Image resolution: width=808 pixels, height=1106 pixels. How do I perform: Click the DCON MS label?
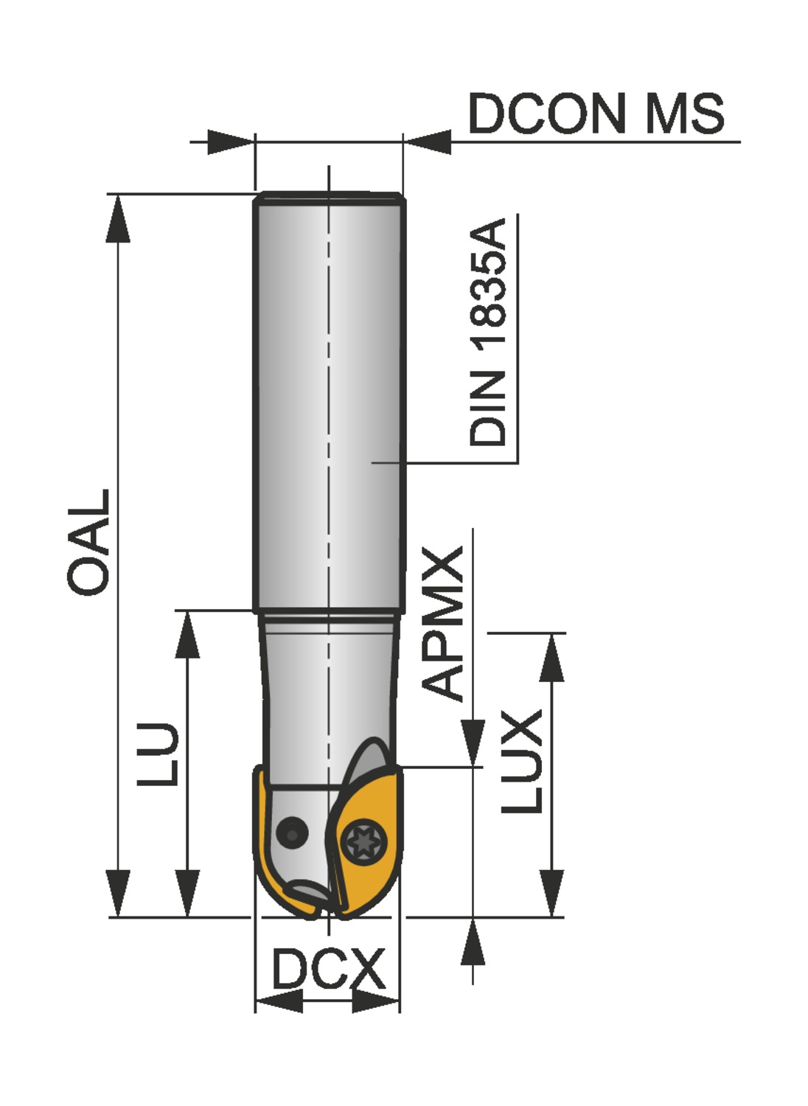596,113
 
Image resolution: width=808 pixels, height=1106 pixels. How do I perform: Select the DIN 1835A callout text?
487,332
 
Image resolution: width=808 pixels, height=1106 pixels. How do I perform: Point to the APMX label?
442,624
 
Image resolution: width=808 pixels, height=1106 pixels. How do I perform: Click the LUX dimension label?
522,761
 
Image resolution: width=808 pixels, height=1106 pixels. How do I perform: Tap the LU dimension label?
157,754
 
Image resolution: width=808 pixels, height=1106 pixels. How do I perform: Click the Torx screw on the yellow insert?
363,841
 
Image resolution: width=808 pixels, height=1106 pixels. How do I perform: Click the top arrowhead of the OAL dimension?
118,219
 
